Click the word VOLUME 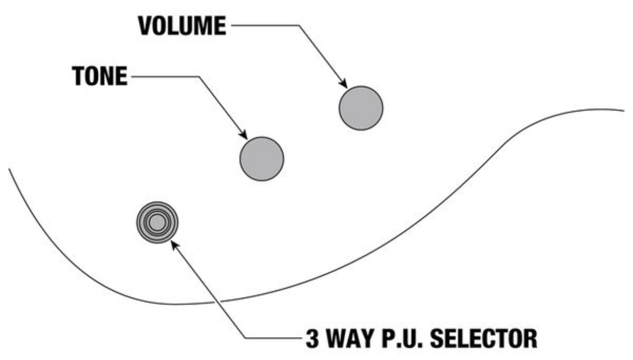tap(181, 26)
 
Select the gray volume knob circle tap(361, 107)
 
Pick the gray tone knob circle tap(262, 158)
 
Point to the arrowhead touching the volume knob tap(343, 83)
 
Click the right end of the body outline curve tap(624, 111)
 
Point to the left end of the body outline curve tap(9, 169)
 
